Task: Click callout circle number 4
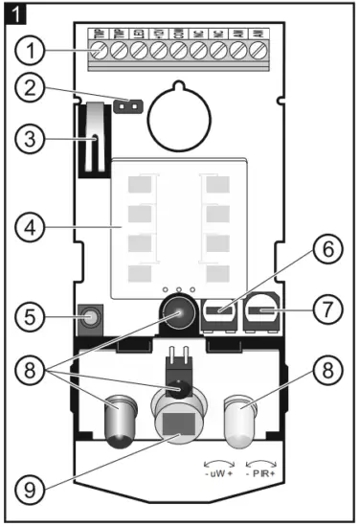point(35,230)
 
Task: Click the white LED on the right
point(244,420)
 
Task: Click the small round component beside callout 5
point(92,315)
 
